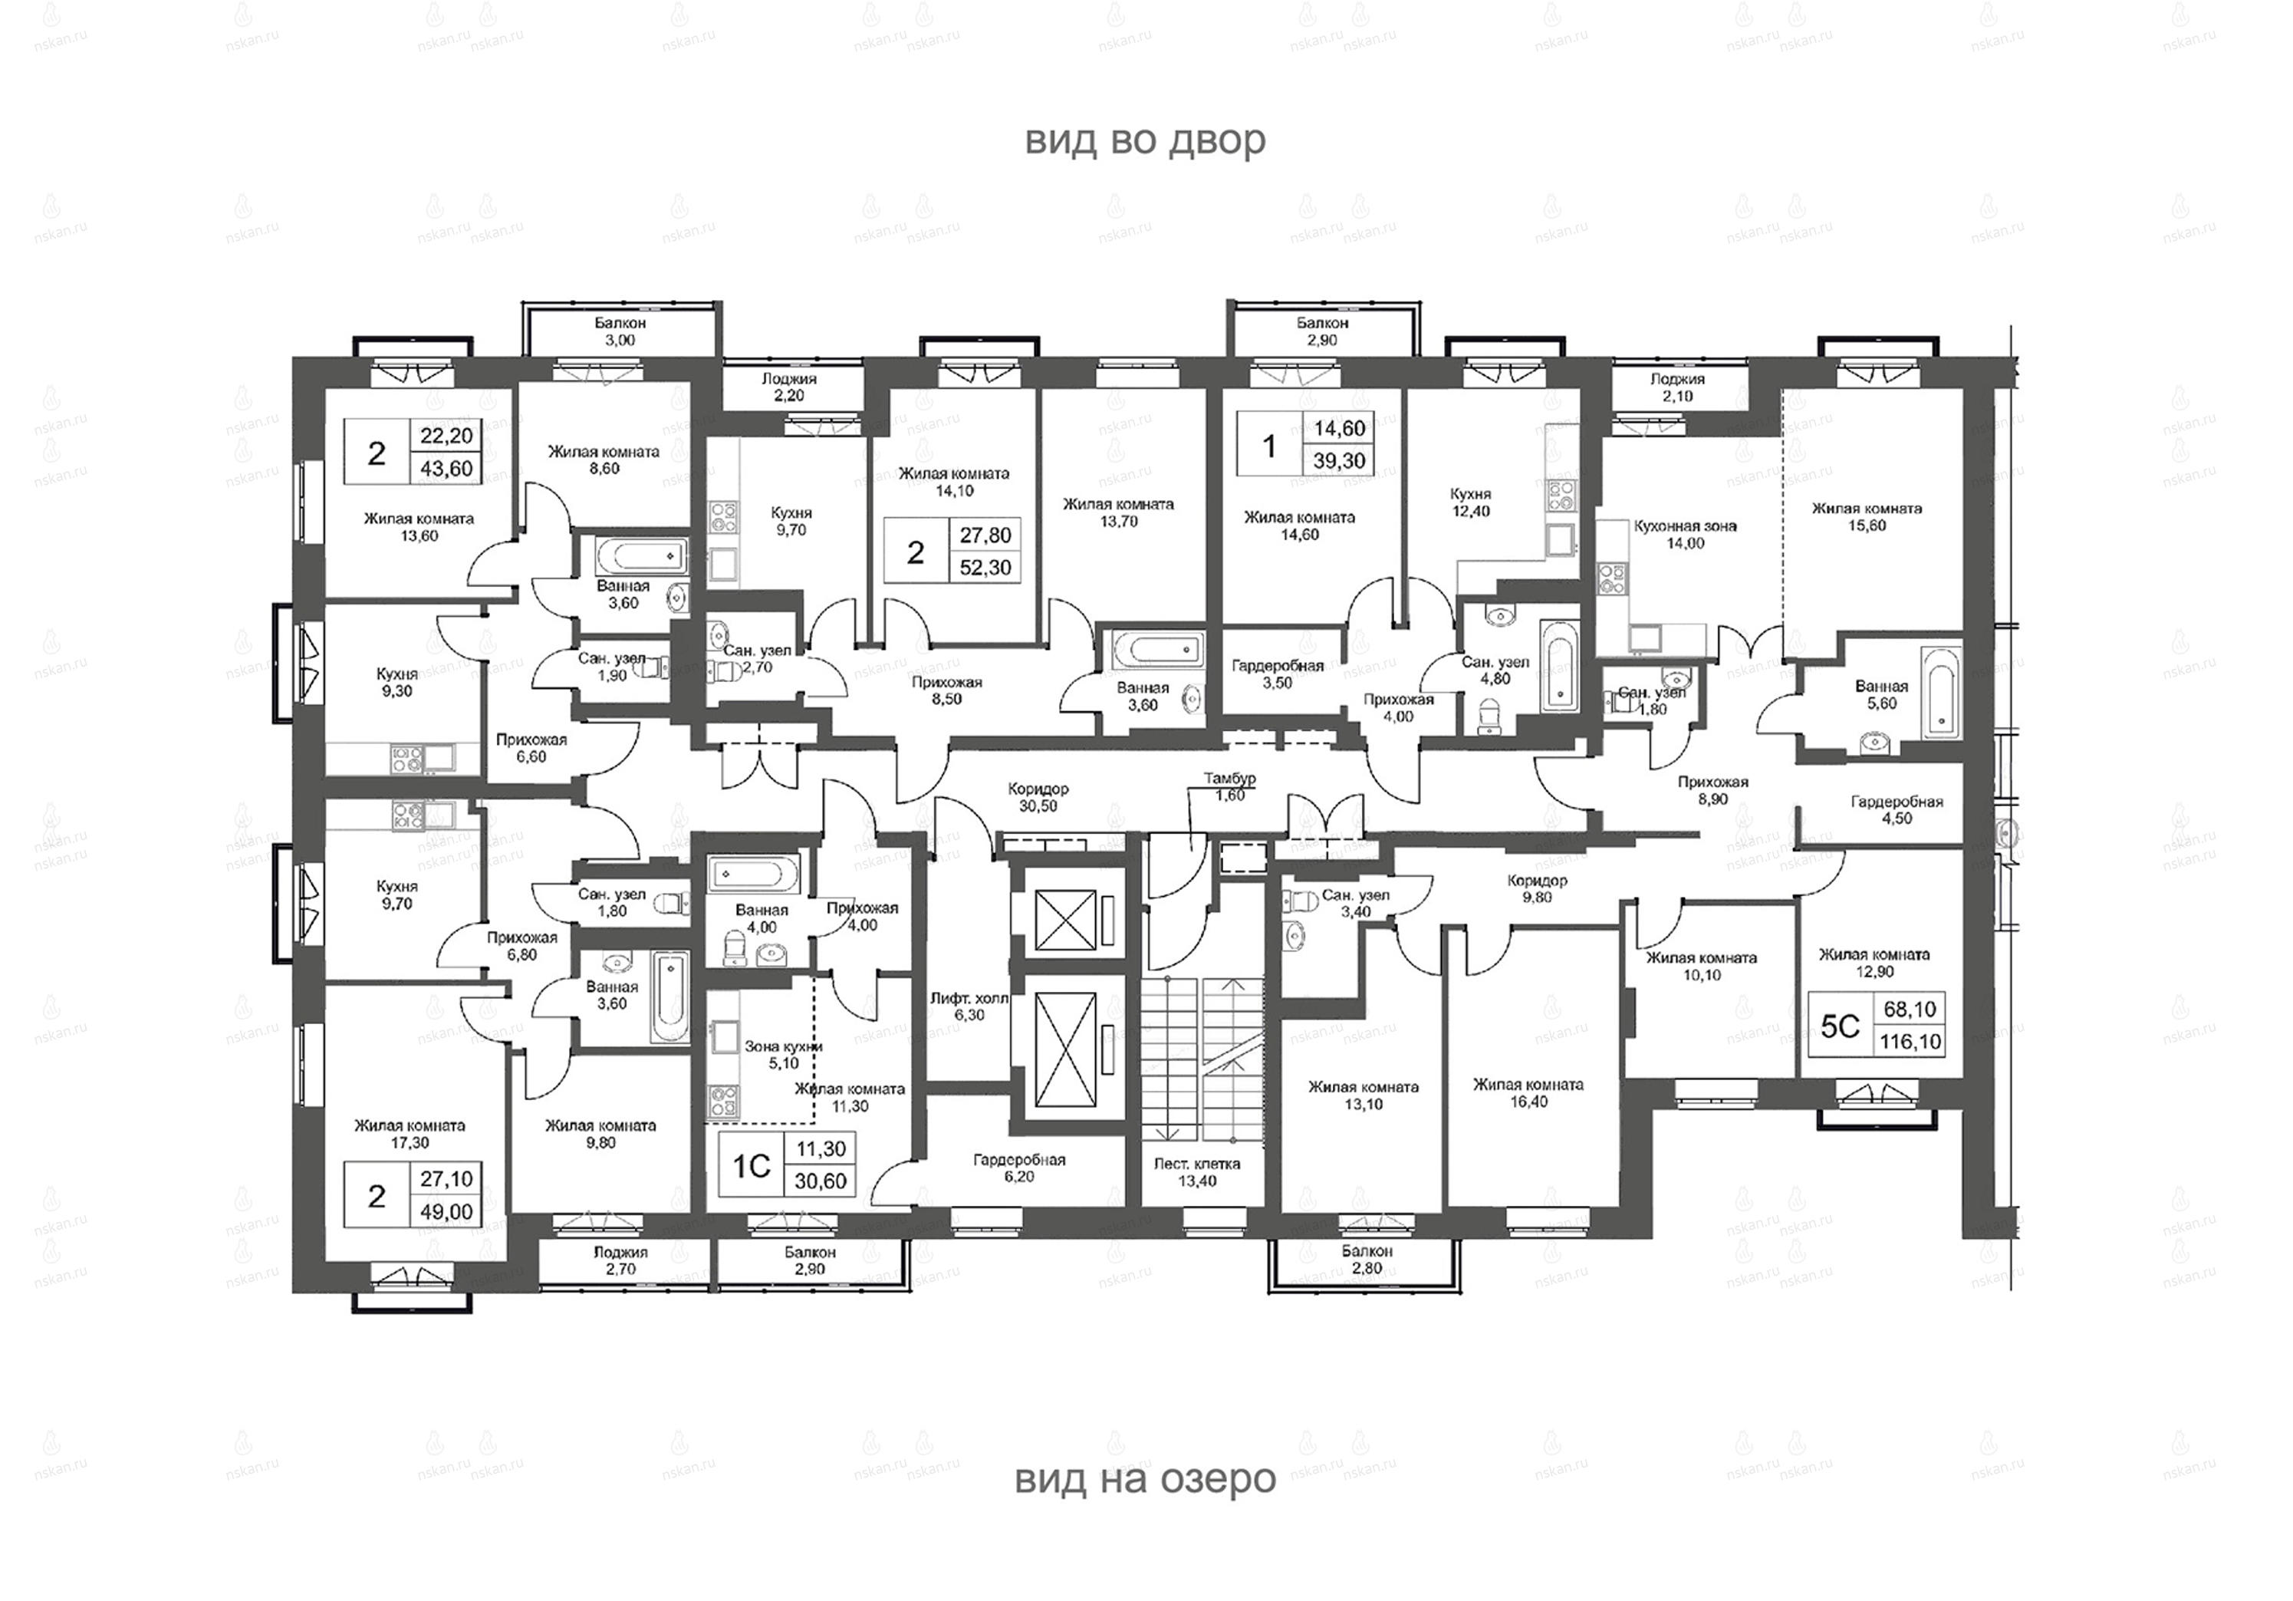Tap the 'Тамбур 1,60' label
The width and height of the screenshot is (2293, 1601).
click(1229, 786)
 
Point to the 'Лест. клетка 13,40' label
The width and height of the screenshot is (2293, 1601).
click(1196, 1171)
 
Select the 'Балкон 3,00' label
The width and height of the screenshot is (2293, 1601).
click(620, 331)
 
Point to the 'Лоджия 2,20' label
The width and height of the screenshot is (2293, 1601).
click(789, 387)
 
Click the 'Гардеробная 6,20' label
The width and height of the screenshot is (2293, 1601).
click(1020, 1168)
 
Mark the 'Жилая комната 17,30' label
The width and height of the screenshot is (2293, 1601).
click(410, 1134)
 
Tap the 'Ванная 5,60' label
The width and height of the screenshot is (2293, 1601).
click(1881, 694)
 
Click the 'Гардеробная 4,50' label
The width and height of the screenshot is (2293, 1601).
click(1897, 810)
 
